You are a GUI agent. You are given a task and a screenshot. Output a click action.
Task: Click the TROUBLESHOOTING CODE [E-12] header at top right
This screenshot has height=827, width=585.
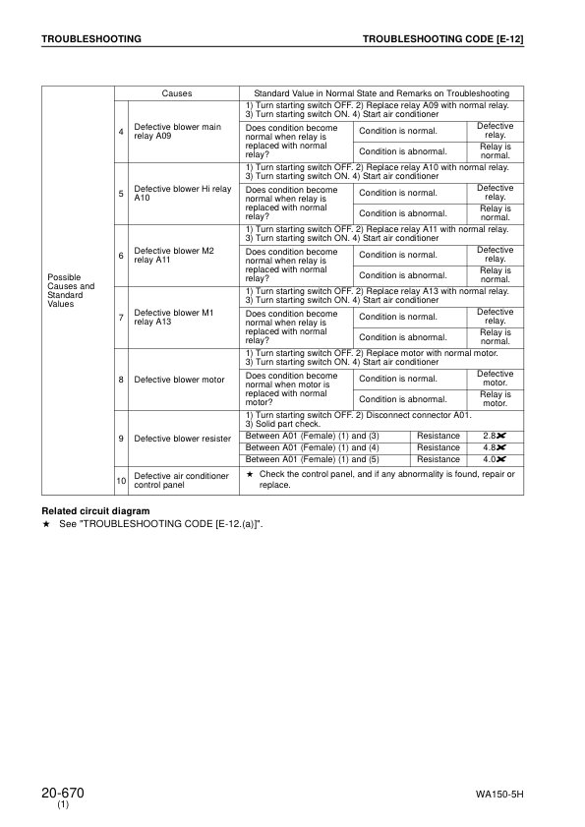point(442,38)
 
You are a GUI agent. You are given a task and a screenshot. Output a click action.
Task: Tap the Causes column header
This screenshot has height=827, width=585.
point(177,93)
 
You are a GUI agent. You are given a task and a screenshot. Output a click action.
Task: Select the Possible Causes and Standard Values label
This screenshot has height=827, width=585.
point(71,291)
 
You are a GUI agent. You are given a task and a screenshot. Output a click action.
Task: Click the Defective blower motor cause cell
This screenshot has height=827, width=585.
point(179,380)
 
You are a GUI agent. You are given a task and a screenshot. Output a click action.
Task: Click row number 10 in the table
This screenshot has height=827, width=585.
point(121,480)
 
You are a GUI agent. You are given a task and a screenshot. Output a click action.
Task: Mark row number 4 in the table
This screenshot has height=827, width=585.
point(121,132)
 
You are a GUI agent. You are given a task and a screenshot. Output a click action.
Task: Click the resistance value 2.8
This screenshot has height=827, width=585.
point(494,436)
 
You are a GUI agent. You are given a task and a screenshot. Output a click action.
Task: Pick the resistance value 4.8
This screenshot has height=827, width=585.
point(494,447)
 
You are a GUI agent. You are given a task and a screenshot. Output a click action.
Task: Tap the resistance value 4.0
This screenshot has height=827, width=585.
point(494,459)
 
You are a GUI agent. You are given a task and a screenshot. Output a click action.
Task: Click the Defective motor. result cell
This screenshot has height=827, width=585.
point(495,379)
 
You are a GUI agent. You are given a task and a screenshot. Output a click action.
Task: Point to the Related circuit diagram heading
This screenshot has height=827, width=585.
point(95,511)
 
